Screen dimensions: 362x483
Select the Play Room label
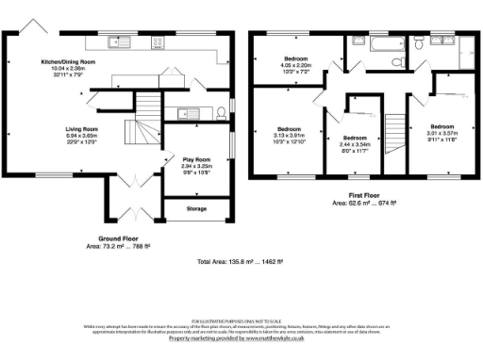(x=195, y=159)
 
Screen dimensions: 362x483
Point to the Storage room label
(x=196, y=208)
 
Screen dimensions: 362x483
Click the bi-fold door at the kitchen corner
(x=35, y=25)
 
